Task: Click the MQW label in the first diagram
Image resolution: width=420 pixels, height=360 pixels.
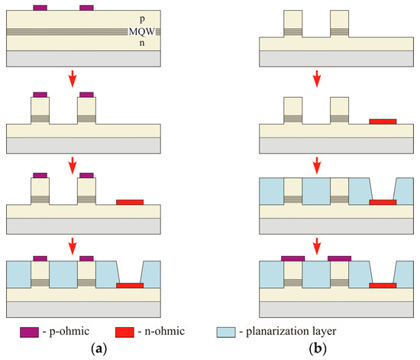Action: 141,31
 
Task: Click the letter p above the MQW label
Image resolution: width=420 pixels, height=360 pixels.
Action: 141,18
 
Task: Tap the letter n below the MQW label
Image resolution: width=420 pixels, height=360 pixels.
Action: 141,43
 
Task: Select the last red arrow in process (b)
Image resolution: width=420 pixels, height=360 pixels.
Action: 316,246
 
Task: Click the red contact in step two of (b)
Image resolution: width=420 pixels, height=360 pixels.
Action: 383,121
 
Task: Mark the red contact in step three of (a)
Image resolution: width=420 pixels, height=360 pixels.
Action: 129,202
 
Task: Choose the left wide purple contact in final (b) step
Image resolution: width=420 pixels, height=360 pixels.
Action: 294,258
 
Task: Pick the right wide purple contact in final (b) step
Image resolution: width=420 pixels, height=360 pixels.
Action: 340,258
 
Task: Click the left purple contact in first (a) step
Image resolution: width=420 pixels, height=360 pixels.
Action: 40,8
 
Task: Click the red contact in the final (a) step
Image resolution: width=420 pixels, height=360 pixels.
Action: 130,285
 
